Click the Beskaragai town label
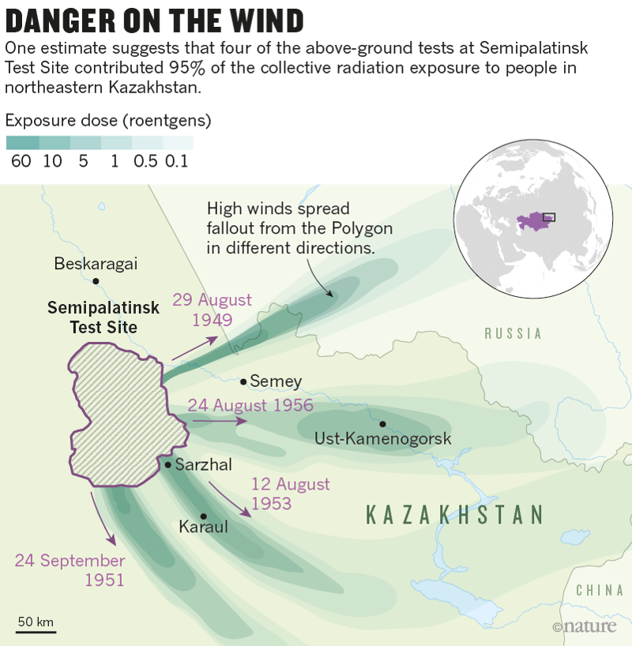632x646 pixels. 96,264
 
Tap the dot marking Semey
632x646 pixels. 244,381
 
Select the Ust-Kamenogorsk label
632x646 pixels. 383,438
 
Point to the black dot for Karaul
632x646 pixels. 203,516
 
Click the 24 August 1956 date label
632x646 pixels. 250,405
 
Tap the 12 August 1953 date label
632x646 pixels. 290,494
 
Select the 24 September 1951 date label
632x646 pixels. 70,570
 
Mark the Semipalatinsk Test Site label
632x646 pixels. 103,317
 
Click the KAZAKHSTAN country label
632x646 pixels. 455,515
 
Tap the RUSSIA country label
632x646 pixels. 513,333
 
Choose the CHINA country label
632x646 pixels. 600,590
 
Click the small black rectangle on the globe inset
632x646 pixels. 548,216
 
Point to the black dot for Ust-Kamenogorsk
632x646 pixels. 382,423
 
